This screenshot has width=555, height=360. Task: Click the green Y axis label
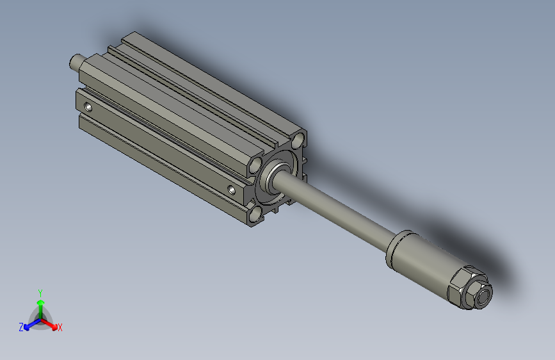[x=40, y=292]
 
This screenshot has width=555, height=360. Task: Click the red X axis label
[x=60, y=328]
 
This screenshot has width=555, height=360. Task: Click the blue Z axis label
[x=21, y=327]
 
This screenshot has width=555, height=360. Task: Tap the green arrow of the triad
[x=40, y=306]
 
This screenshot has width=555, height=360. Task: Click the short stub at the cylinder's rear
[x=76, y=62]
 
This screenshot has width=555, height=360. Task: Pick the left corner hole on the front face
[x=256, y=165]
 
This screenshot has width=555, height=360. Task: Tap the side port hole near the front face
[x=232, y=189]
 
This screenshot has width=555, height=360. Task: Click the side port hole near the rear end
[x=89, y=106]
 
